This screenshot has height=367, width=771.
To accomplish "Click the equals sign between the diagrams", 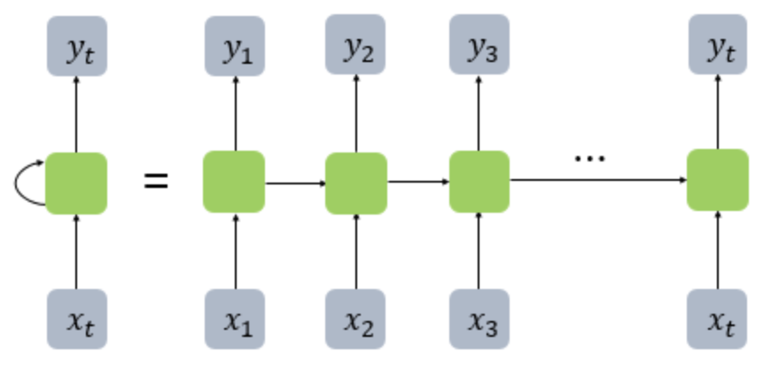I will [156, 183].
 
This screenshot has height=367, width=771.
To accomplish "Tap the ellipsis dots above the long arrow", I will [589, 159].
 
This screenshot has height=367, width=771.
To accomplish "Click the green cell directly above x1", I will [234, 182].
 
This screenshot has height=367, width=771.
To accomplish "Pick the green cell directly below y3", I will [479, 182].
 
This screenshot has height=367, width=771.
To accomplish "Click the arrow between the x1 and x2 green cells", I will [295, 183].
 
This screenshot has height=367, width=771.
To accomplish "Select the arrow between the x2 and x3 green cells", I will [418, 183].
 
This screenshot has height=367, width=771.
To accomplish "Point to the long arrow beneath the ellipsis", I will [598, 180].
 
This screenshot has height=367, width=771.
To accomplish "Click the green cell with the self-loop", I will [76, 183].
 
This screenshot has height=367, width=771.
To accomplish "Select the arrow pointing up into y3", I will [479, 113].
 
